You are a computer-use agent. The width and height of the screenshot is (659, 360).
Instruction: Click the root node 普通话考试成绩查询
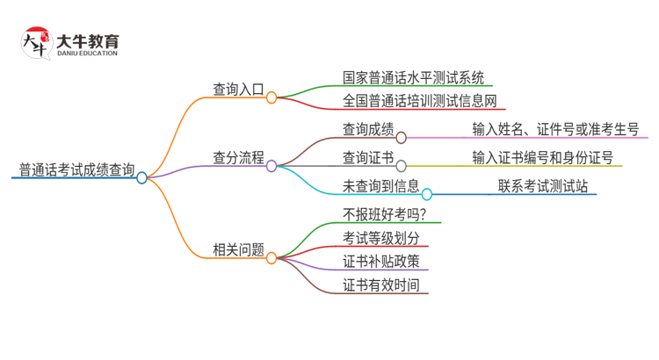(x=77, y=169)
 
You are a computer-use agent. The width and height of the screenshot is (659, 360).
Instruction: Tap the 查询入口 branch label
(x=238, y=88)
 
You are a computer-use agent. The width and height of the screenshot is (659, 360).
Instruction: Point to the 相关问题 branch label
(x=238, y=249)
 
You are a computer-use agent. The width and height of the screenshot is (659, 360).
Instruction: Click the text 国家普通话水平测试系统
(x=413, y=77)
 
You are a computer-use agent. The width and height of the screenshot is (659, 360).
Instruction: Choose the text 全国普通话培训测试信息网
(x=420, y=101)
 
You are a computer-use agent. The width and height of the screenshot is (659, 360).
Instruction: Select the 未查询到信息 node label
(x=380, y=186)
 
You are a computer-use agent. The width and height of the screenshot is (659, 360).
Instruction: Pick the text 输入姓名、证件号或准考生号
(x=555, y=129)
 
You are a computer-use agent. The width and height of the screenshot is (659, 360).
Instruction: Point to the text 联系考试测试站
(x=542, y=186)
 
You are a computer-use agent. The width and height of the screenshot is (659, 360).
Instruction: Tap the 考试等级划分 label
(x=380, y=238)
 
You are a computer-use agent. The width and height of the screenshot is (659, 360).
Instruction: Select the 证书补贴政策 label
(x=380, y=261)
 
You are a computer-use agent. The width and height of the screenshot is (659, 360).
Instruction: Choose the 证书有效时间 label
(x=380, y=284)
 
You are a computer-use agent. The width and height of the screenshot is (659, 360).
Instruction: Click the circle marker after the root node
(x=142, y=177)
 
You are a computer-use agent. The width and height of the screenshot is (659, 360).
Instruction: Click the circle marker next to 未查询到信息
(x=427, y=194)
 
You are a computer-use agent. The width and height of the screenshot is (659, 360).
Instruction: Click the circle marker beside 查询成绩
(x=402, y=137)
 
